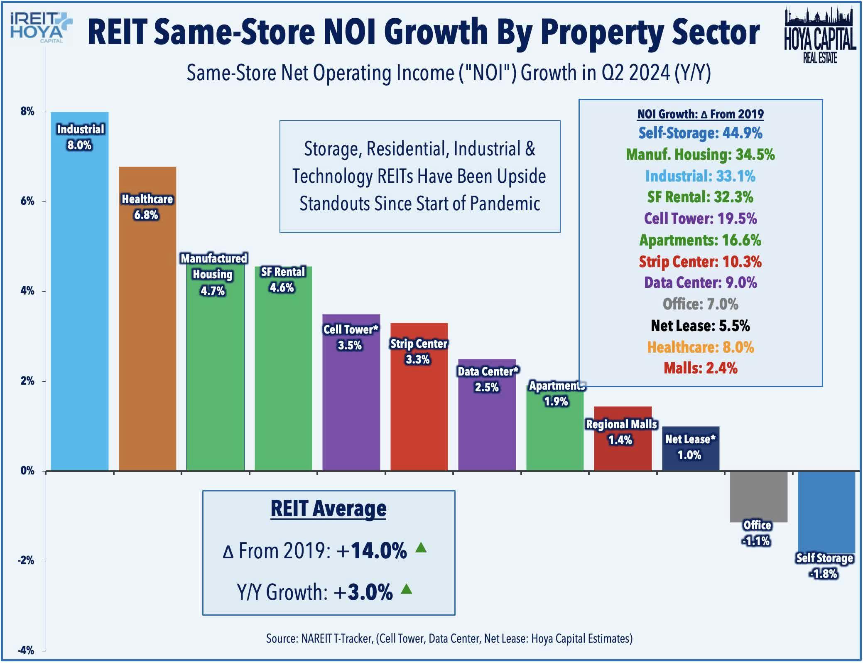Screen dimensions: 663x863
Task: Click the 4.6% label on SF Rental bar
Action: pos(282,287)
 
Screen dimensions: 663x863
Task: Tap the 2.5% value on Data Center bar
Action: pos(486,387)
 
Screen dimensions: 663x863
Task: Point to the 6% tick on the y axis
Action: pos(27,201)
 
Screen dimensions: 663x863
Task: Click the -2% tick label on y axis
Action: pos(26,560)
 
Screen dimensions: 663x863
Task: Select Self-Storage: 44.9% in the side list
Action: pos(700,133)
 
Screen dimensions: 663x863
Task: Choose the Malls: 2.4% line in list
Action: pos(700,368)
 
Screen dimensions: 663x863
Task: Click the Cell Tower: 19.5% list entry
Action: pos(700,219)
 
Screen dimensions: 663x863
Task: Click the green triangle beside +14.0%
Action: pos(421,548)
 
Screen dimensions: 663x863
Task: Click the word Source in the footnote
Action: pos(281,638)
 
